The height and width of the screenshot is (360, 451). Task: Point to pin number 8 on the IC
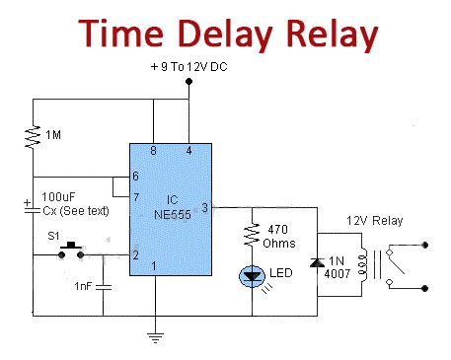click(x=153, y=151)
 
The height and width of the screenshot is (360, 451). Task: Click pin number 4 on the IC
click(x=189, y=151)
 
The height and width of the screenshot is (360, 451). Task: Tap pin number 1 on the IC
click(x=153, y=264)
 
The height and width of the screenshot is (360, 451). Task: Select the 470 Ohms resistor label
click(x=282, y=235)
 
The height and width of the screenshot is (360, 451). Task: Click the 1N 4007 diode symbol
click(x=317, y=263)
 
